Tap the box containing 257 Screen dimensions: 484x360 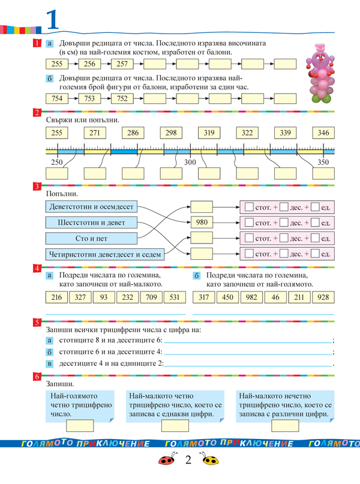(x=122, y=64)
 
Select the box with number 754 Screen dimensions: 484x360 (x=58, y=99)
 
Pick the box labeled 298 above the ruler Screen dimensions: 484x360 (x=171, y=133)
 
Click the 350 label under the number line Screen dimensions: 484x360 (x=323, y=163)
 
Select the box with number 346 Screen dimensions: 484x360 (x=323, y=133)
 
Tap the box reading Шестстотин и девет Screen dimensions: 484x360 (x=91, y=223)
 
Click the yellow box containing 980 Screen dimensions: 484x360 (x=202, y=223)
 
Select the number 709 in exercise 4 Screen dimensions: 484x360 (x=151, y=297)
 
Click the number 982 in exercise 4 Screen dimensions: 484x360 (x=249, y=297)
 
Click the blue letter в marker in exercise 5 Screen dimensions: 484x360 (x=50, y=363)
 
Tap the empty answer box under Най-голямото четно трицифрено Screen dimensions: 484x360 (x=79, y=425)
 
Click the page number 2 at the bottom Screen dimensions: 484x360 (x=188, y=461)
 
